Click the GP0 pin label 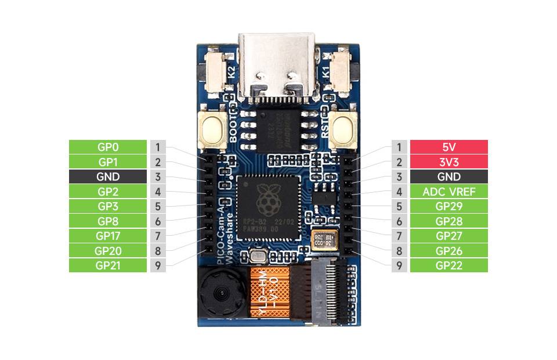click(x=107, y=147)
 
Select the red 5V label click(x=449, y=147)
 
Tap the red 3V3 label click(x=449, y=162)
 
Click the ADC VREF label click(x=449, y=192)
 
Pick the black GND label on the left click(x=107, y=177)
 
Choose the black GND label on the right click(x=449, y=177)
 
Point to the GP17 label click(x=107, y=236)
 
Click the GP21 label click(x=107, y=265)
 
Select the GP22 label click(x=449, y=265)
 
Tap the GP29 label click(x=449, y=206)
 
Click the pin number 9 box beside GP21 click(x=158, y=265)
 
